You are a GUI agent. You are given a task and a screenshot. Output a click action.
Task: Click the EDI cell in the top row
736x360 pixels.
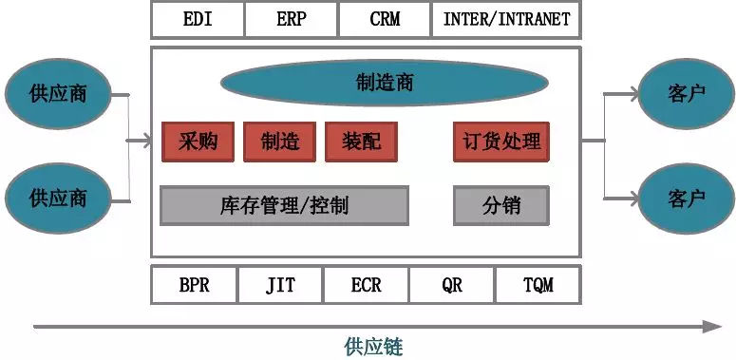pyautogui.click(x=198, y=19)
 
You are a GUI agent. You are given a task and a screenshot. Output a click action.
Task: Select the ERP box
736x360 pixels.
pyautogui.click(x=291, y=19)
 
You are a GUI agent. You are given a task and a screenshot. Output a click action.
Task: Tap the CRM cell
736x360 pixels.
pyautogui.click(x=384, y=19)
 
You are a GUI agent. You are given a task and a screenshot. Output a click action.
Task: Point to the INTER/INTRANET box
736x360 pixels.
pyautogui.click(x=506, y=19)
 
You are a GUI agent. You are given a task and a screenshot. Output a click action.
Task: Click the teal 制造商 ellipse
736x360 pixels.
pyautogui.click(x=385, y=83)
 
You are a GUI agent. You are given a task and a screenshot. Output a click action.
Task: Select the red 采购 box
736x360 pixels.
pyautogui.click(x=198, y=142)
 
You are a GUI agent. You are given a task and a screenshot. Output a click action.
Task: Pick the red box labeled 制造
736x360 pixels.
pyautogui.click(x=280, y=142)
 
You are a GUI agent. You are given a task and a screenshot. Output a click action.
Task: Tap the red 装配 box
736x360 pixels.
pyautogui.click(x=361, y=142)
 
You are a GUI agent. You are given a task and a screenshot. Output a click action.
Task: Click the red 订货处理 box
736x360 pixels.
pyautogui.click(x=501, y=142)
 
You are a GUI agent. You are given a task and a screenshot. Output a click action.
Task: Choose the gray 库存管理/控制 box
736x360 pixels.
pyautogui.click(x=284, y=205)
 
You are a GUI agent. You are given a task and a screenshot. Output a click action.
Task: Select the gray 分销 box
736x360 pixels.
pyautogui.click(x=501, y=205)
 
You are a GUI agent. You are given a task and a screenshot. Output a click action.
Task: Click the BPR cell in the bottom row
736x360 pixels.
pyautogui.click(x=194, y=285)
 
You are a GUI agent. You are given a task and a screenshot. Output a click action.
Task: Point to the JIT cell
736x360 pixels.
pyautogui.click(x=280, y=285)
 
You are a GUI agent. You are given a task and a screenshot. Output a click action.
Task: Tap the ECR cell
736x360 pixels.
pyautogui.click(x=366, y=285)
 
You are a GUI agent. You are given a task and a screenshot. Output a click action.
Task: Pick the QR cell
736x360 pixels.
pyautogui.click(x=452, y=285)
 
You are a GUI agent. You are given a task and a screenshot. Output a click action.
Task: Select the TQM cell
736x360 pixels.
pyautogui.click(x=538, y=285)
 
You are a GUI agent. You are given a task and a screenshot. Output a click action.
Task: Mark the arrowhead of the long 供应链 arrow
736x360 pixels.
pyautogui.click(x=714, y=326)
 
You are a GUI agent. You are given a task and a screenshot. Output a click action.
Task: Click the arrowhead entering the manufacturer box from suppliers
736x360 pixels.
pyautogui.click(x=144, y=142)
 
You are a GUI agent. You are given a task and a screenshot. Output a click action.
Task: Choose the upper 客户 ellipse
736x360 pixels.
pyautogui.click(x=686, y=93)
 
